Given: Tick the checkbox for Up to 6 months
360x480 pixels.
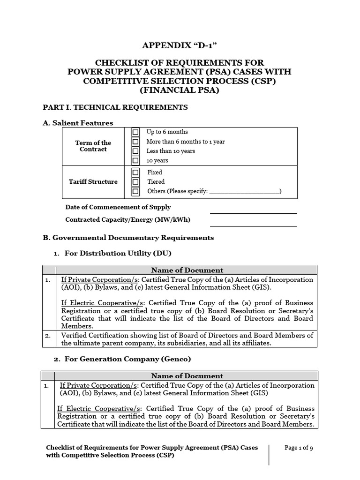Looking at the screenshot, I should [135, 132].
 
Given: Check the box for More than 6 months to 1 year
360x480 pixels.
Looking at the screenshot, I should [135, 142].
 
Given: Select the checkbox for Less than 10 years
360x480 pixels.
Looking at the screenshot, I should [135, 151].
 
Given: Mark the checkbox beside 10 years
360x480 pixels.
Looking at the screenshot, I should [135, 160].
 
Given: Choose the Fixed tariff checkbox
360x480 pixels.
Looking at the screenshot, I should [135, 172].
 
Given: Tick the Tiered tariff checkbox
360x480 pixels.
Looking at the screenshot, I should [135, 182].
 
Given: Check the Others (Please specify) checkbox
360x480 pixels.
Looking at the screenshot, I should [135, 191].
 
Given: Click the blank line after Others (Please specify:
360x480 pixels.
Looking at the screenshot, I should [244, 192].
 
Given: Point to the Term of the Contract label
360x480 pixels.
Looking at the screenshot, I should [93, 146].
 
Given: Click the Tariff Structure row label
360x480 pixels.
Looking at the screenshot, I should [93, 182].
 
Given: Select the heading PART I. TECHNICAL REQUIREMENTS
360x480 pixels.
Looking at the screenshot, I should [115, 107].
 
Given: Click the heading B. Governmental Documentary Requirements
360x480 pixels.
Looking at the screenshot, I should [128, 238].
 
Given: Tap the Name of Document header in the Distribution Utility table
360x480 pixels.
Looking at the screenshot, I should [187, 270].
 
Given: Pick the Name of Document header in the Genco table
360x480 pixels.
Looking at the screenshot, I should [187, 376].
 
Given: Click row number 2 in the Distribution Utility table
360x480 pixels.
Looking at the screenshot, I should [47, 336].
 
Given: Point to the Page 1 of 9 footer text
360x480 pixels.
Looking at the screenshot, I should [299, 448].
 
